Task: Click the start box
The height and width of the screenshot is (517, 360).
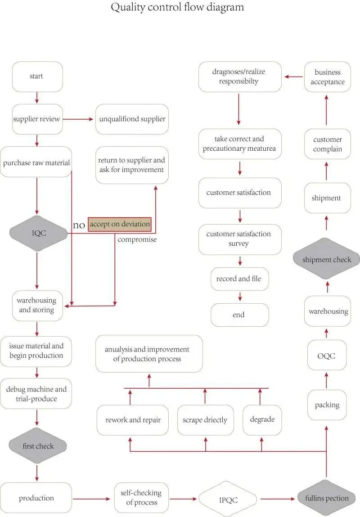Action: coord(37,76)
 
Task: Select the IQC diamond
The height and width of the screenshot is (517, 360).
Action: coord(38,233)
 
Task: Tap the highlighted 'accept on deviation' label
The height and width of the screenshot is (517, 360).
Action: coord(120,224)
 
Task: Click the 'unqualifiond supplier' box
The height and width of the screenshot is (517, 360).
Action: coord(132,119)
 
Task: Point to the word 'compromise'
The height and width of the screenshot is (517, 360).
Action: coord(137,239)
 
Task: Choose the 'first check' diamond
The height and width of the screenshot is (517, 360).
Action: coord(38,446)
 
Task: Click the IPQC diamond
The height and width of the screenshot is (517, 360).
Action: coord(228,499)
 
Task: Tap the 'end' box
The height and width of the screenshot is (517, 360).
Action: coord(240,315)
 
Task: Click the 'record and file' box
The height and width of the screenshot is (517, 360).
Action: coord(240,279)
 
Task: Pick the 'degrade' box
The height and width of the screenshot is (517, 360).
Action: coord(262,420)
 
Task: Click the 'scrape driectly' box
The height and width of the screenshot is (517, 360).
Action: coord(205,420)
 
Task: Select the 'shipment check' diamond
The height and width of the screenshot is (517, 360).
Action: coord(326,259)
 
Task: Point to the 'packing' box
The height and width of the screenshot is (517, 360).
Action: coord(327,405)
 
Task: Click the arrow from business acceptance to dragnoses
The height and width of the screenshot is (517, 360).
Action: coord(293,77)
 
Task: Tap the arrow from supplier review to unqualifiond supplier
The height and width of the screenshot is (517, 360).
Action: coord(78,119)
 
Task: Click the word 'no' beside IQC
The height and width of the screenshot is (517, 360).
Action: coord(79,225)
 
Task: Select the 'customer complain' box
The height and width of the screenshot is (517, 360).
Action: coord(327,144)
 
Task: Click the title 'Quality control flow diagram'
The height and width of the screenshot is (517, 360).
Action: coord(177,7)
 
